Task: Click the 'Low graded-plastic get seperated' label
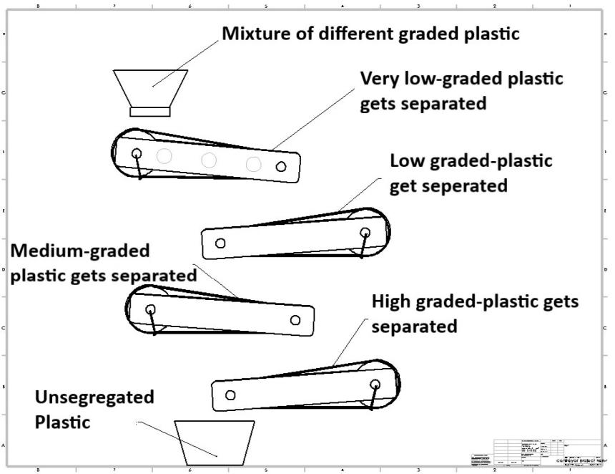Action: click(471, 173)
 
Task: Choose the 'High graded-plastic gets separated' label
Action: click(474, 314)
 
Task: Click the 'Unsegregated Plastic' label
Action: click(94, 409)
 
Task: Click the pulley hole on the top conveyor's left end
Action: click(136, 153)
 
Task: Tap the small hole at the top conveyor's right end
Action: click(282, 166)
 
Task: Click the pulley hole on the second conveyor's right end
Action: click(365, 232)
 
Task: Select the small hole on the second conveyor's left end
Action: click(220, 243)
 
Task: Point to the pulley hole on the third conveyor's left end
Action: click(150, 309)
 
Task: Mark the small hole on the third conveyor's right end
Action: click(295, 319)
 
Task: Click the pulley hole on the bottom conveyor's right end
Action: click(375, 384)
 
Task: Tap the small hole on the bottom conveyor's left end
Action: click(230, 395)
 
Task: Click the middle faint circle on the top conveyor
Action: click(208, 160)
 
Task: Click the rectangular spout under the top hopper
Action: click(149, 111)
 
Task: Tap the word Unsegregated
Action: click(94, 397)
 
